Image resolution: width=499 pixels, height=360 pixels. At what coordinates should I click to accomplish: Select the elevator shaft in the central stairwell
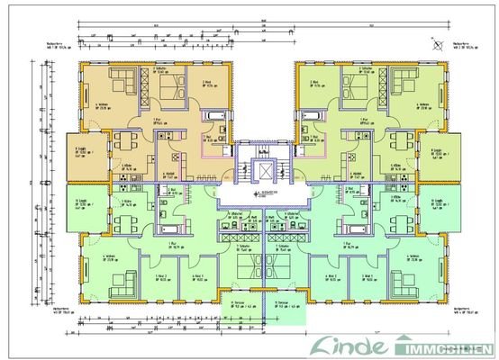coord(262,168)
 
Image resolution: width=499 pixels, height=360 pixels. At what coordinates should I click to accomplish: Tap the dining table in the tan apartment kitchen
coord(120,142)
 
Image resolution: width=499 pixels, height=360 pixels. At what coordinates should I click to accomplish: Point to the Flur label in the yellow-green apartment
coord(364,118)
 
